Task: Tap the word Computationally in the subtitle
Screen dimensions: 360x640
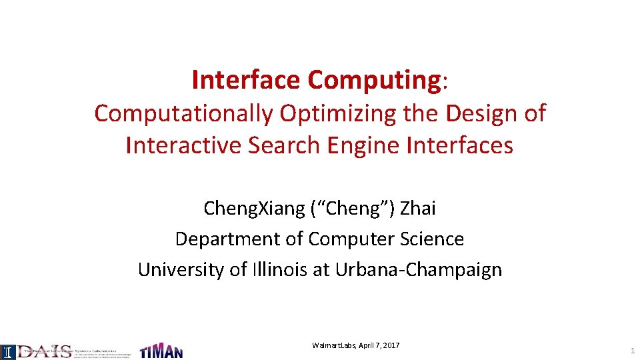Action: (183, 114)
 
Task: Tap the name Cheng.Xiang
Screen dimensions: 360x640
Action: (254, 209)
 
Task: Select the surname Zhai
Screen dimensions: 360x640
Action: (419, 209)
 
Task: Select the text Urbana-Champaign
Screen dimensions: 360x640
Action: (419, 269)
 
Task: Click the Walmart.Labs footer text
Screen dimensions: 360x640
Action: (334, 345)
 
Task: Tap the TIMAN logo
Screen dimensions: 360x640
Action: (161, 351)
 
